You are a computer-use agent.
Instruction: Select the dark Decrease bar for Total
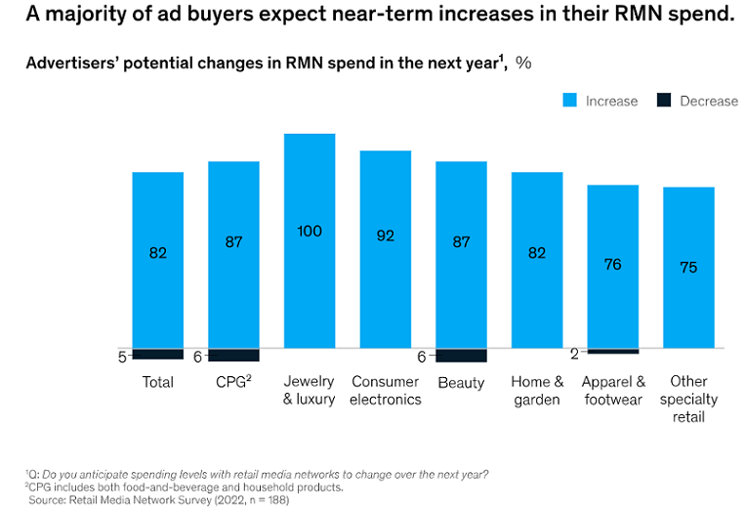(158, 354)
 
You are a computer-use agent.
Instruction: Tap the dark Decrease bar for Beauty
(461, 356)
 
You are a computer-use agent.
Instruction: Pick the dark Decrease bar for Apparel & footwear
(612, 351)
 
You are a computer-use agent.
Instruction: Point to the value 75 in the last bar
(688, 267)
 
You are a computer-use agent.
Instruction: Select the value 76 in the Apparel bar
(612, 264)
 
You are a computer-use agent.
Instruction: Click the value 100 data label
(310, 231)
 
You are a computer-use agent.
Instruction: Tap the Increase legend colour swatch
(569, 101)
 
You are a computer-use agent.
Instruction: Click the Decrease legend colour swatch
(663, 101)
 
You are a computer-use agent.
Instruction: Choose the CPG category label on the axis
(232, 382)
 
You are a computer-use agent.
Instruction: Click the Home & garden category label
(537, 390)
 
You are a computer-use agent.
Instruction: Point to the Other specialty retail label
(688, 399)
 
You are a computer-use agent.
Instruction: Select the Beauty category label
(461, 382)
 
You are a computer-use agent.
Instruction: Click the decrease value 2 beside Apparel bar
(574, 353)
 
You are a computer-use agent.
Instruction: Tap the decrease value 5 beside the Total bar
(122, 357)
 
